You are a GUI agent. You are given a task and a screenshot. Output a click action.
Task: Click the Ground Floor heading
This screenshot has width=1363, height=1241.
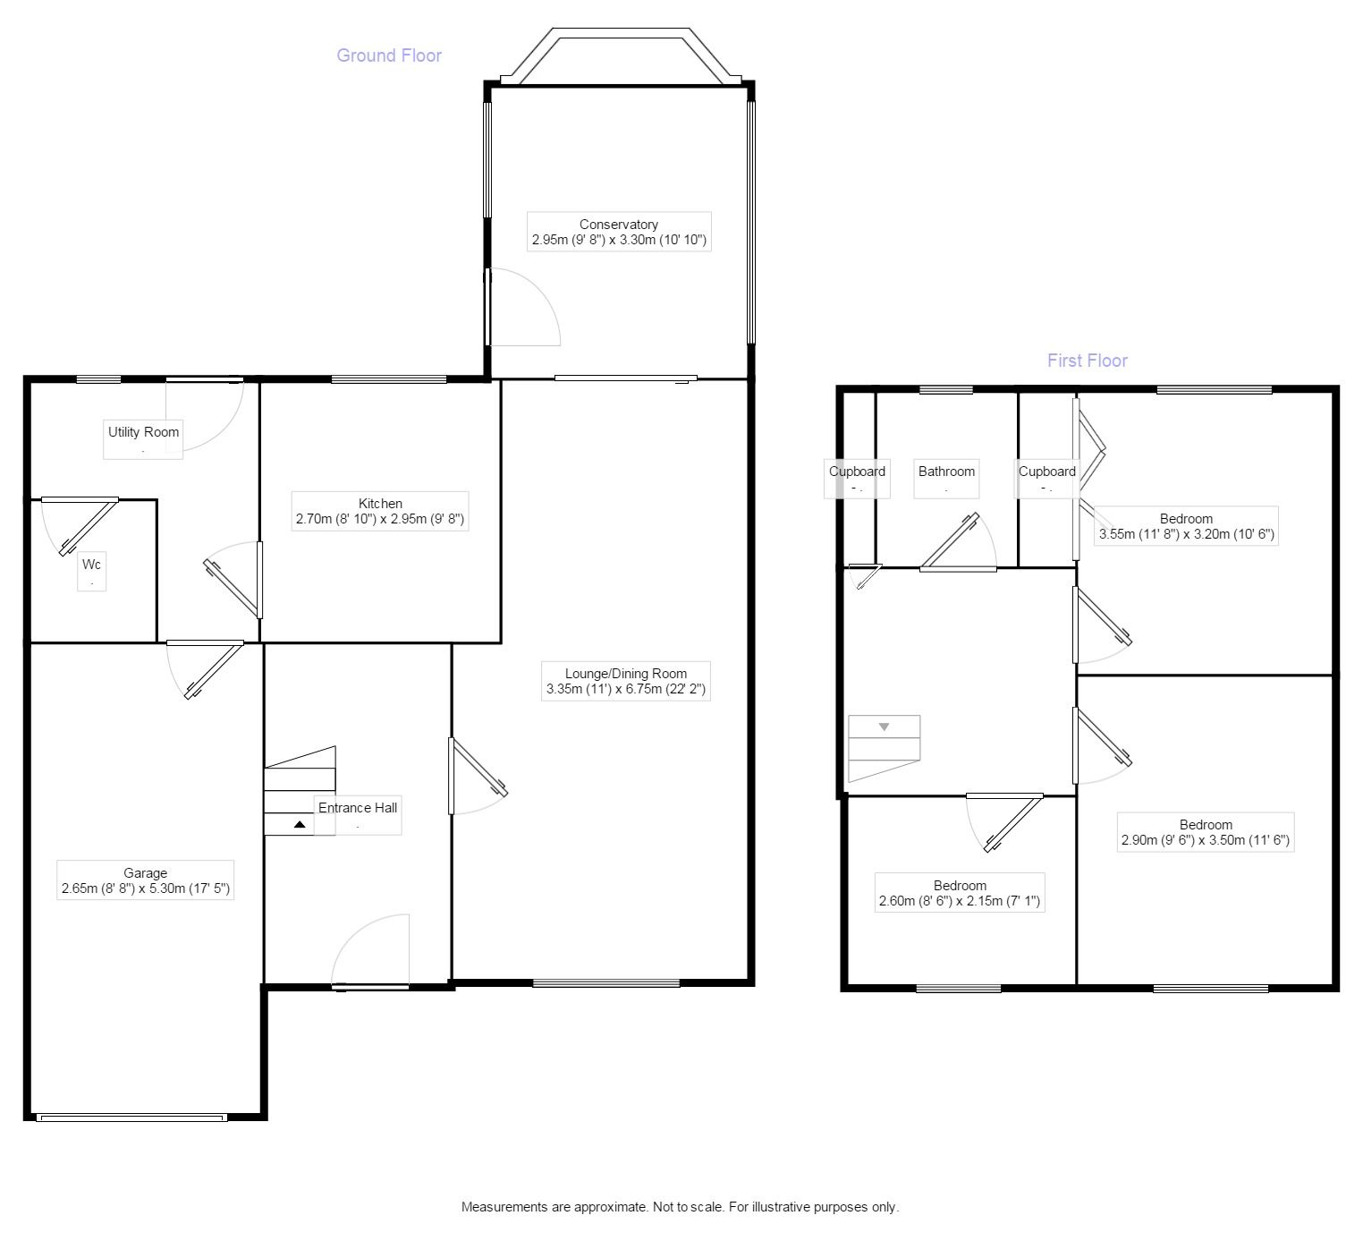click(x=389, y=55)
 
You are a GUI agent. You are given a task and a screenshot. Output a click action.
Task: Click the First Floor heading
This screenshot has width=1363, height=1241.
click(x=1088, y=361)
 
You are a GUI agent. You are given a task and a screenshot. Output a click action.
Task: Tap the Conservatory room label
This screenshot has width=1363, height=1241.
click(x=618, y=225)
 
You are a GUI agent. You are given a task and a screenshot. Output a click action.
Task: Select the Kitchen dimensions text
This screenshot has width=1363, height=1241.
click(x=380, y=519)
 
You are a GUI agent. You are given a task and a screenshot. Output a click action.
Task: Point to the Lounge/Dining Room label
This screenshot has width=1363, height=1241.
click(x=626, y=673)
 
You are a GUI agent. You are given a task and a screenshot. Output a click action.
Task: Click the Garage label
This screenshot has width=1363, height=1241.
click(x=145, y=872)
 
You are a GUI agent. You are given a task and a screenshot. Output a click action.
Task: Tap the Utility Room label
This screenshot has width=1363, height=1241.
click(x=143, y=432)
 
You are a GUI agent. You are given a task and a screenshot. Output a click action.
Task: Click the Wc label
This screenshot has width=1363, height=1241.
click(x=91, y=564)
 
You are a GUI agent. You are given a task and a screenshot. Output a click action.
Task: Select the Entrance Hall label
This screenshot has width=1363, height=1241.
click(x=358, y=807)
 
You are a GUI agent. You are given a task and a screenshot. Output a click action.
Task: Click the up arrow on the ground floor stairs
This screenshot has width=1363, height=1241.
click(x=300, y=824)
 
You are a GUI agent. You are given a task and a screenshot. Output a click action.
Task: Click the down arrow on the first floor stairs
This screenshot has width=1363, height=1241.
click(x=884, y=727)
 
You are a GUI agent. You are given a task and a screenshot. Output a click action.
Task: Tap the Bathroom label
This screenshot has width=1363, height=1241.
click(x=946, y=472)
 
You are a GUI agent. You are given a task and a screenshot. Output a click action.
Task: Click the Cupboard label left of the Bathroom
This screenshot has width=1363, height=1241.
click(x=857, y=472)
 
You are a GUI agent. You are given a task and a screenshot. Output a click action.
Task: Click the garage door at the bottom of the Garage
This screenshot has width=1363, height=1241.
click(x=131, y=1118)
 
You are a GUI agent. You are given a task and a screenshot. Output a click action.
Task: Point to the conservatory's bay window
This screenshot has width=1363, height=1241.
click(x=621, y=55)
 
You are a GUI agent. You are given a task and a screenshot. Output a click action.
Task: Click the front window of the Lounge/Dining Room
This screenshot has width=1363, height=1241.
click(x=606, y=982)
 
